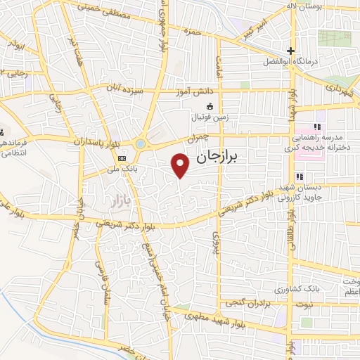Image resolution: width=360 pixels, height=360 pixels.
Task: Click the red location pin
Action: click(181, 165)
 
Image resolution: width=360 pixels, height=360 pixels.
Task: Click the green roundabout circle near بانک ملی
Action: click(141, 144)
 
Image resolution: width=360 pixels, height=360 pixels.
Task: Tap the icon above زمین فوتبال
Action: click(209, 106)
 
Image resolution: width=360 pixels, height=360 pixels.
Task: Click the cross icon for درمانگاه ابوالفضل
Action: click(290, 51)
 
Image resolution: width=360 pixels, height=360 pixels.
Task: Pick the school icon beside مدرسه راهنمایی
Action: click(317, 127)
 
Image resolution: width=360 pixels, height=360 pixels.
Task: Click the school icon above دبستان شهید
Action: click(299, 176)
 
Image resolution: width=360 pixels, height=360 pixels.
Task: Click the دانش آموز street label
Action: click(197, 92)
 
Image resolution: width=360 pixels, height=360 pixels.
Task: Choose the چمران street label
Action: click(201, 136)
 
